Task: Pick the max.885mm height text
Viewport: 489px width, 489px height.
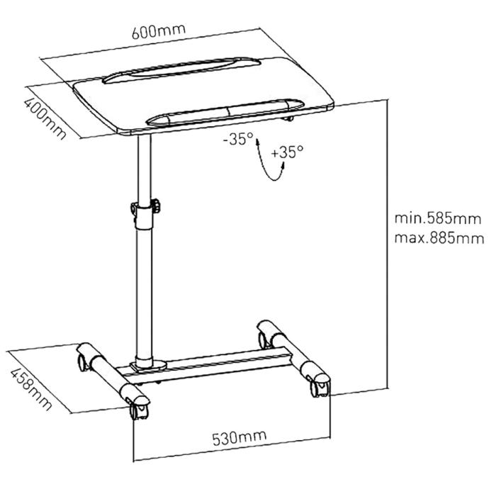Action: click(439, 237)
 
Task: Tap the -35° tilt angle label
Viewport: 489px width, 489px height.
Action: click(237, 140)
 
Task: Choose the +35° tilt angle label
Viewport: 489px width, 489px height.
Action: click(288, 151)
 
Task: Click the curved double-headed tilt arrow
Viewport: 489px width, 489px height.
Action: click(269, 161)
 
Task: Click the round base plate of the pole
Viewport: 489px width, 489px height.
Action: click(150, 366)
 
